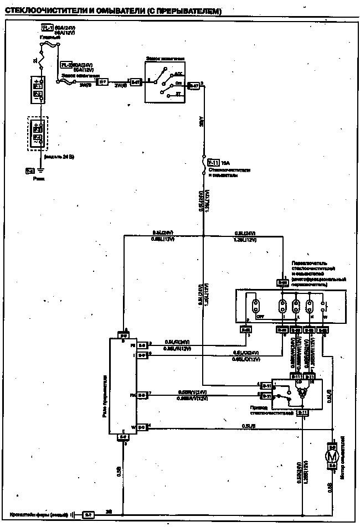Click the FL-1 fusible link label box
point(48,27)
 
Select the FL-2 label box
point(66,65)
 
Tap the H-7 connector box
point(101,82)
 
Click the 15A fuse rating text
point(225,163)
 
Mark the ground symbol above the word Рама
point(39,172)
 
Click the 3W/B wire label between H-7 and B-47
point(120,85)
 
